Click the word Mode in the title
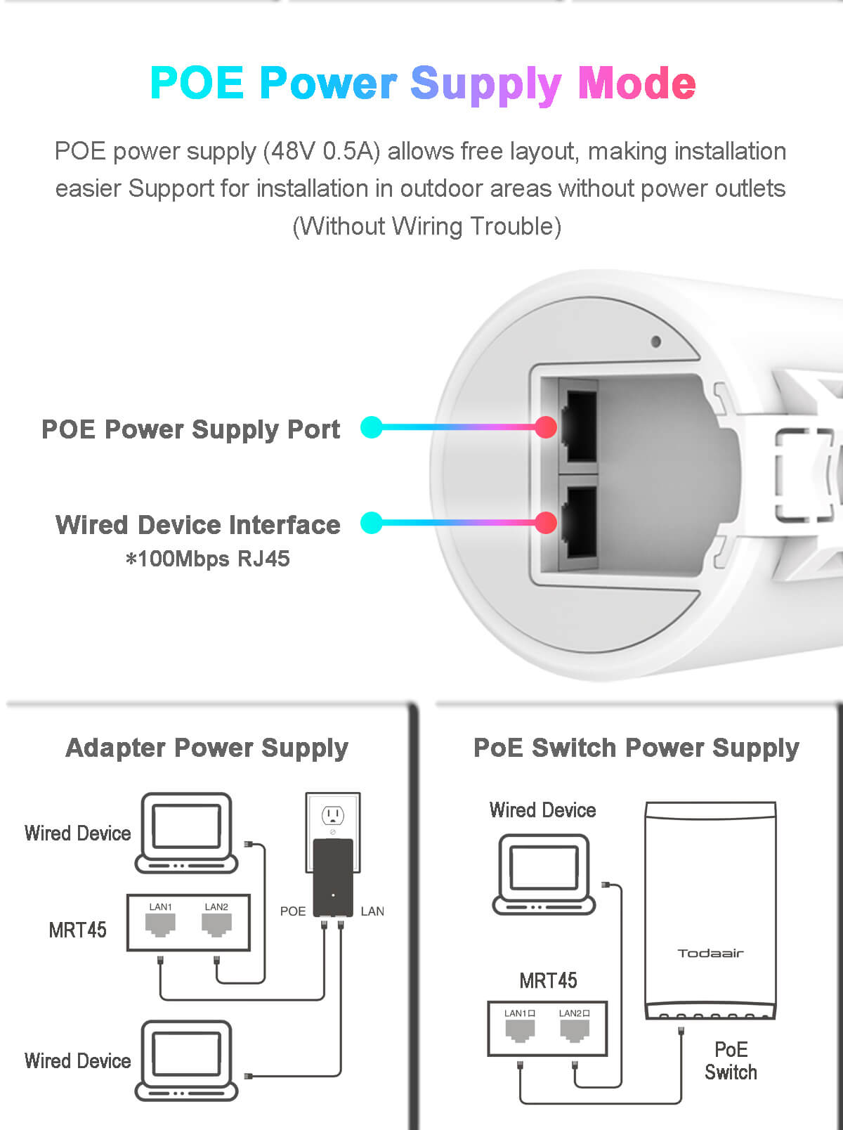click(637, 83)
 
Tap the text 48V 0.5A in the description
click(322, 152)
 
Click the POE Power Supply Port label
click(190, 429)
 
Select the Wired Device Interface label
click(197, 524)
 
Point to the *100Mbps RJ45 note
click(208, 559)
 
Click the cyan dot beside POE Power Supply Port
click(372, 427)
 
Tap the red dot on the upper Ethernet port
click(546, 427)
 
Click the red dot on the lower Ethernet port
click(546, 523)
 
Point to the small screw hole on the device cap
click(655, 342)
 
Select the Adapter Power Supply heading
click(207, 748)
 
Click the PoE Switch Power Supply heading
click(636, 748)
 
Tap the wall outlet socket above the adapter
click(332, 815)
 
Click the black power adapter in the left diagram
click(333, 878)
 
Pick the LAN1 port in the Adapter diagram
click(161, 925)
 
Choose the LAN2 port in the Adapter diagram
click(216, 925)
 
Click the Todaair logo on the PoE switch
click(710, 954)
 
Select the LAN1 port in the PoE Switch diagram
click(520, 1031)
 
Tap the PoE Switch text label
click(731, 1061)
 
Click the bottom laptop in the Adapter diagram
click(186, 1060)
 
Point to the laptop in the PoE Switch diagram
click(544, 874)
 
